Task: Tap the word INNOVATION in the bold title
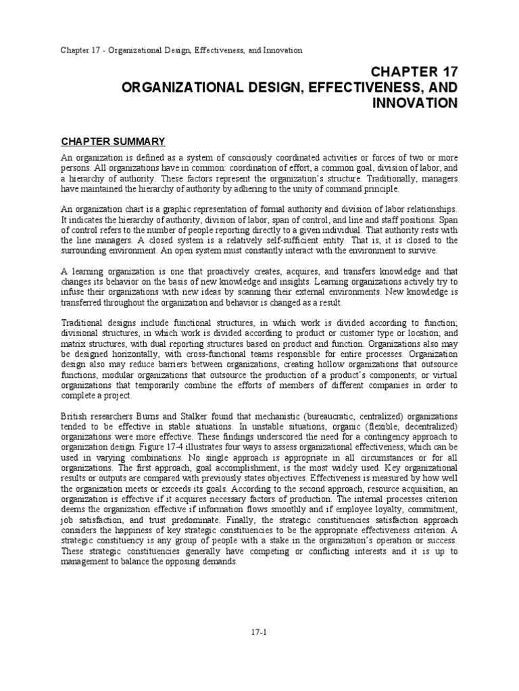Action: click(x=415, y=103)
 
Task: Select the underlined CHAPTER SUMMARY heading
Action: click(x=113, y=142)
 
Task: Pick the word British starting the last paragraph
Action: click(x=74, y=416)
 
